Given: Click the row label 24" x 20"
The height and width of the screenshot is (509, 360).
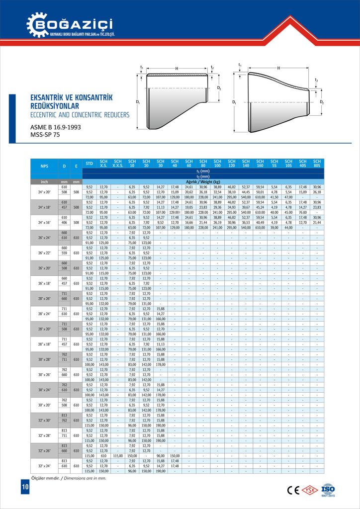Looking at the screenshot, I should pos(44,191).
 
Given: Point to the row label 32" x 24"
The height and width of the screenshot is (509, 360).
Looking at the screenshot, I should pos(44,466).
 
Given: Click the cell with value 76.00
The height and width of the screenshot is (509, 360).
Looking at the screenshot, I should pos(302,212).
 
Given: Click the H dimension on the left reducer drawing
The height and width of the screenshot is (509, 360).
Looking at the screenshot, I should pos(177,68).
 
